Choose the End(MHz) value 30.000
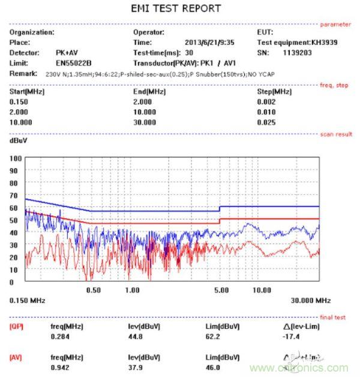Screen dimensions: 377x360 tap(144, 123)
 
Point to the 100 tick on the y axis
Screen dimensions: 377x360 tap(16, 158)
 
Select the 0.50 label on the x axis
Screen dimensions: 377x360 tap(93, 290)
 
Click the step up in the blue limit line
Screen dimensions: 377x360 tap(220, 209)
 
